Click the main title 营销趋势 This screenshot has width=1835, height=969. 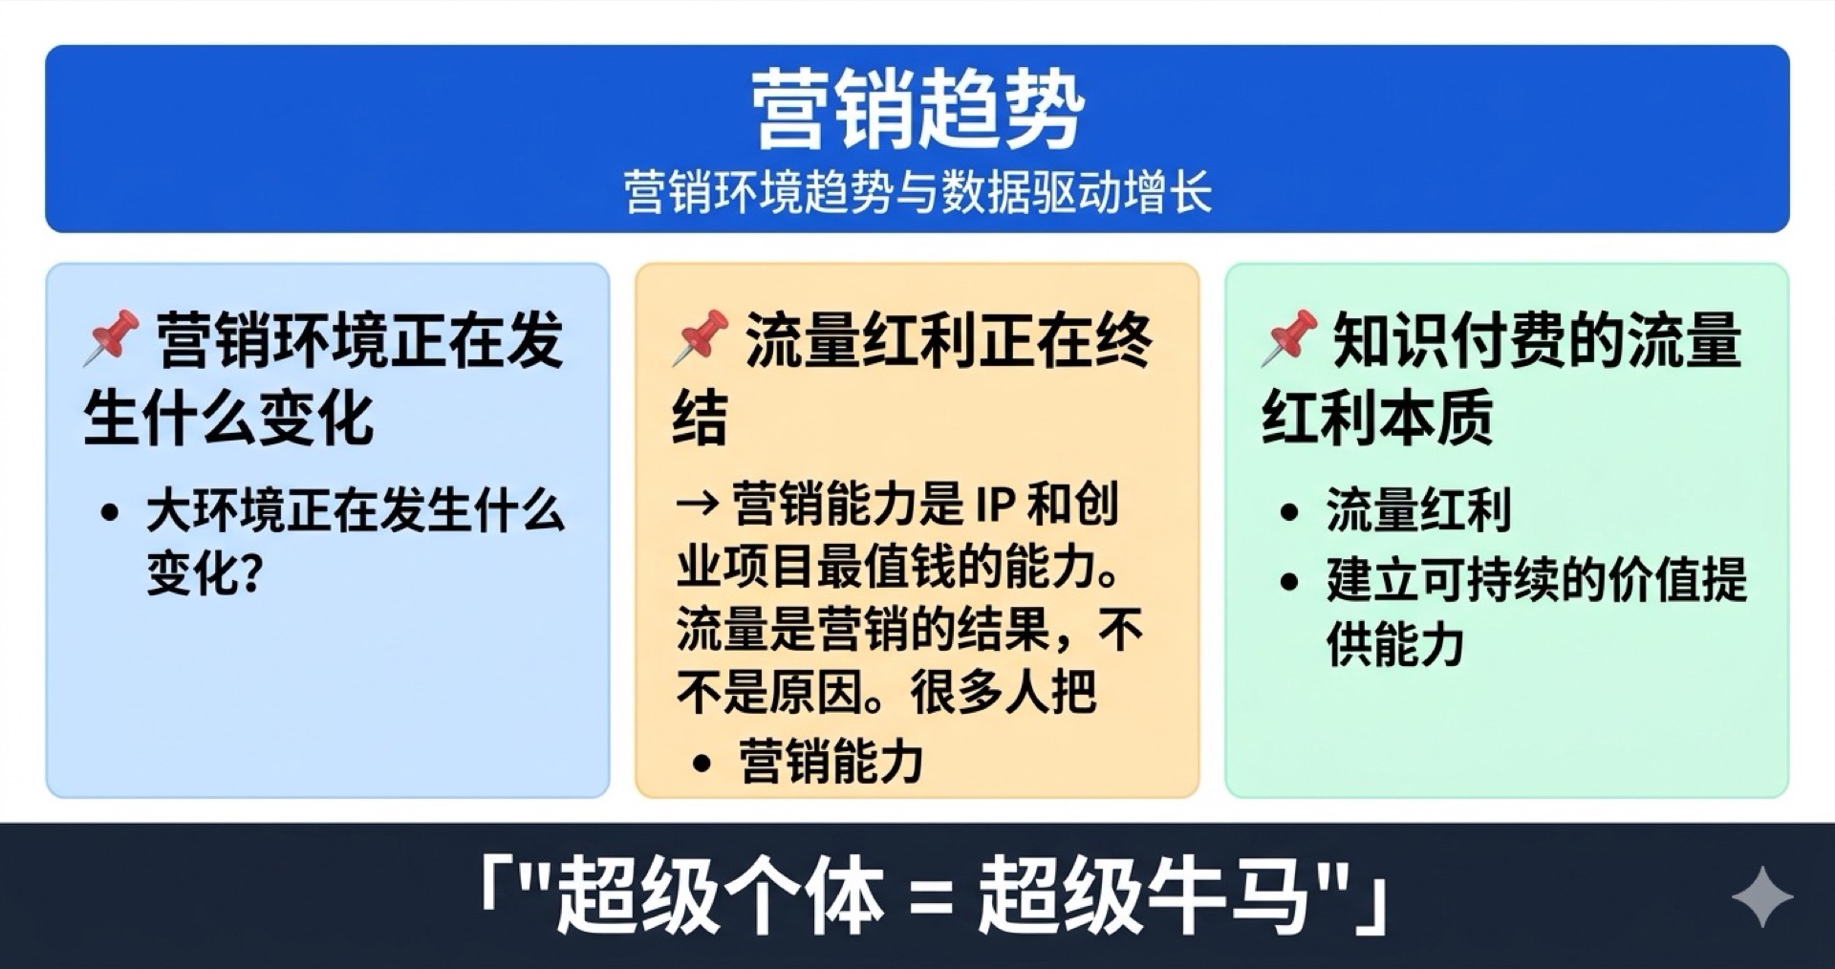(917, 110)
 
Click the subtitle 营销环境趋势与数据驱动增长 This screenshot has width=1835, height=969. (917, 192)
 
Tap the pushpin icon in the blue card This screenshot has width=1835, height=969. (111, 337)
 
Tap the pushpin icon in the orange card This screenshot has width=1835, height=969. (701, 337)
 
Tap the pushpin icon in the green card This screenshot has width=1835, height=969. (1288, 337)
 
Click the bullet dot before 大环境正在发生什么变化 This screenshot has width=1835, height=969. (110, 513)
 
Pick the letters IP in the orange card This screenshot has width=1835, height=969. (982, 505)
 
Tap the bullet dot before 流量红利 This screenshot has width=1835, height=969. (1289, 512)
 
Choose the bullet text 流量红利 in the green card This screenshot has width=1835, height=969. (1418, 509)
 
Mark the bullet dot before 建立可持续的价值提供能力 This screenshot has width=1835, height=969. (1289, 581)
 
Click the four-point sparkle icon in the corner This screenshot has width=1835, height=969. (1761, 896)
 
